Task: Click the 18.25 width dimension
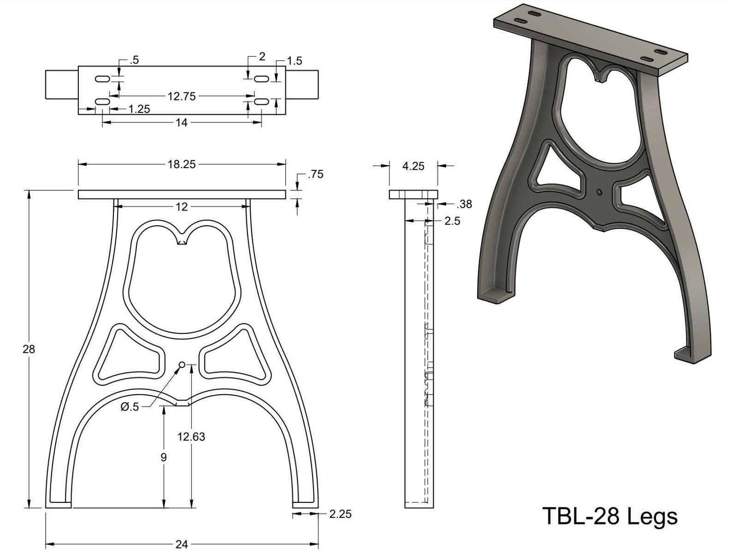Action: [182, 164]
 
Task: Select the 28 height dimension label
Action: [29, 350]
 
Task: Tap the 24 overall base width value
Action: [182, 545]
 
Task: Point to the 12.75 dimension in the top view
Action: [182, 96]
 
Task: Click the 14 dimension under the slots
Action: [182, 122]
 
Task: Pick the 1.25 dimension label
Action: [139, 109]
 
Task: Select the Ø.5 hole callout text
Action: [130, 407]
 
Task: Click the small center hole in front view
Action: [182, 365]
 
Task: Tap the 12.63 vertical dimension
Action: [191, 437]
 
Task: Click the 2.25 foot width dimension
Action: [341, 514]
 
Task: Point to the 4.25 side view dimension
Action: [413, 166]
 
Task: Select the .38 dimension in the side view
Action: [463, 204]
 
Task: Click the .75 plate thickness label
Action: [316, 175]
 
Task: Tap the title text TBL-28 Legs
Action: [610, 516]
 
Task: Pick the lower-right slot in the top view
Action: [261, 101]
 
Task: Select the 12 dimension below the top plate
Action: [182, 207]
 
